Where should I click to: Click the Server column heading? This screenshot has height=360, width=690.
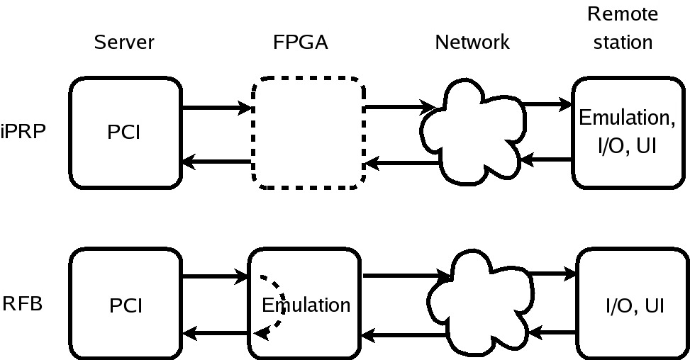pos(124,43)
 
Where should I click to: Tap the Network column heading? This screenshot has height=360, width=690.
pos(472,43)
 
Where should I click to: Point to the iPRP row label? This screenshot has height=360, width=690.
pos(23,132)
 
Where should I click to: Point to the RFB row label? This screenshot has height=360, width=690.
pos(23,304)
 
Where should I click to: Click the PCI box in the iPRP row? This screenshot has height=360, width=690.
pos(124,133)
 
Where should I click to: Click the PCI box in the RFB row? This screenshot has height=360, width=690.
pos(124,305)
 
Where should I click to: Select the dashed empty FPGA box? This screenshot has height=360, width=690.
pos(308,133)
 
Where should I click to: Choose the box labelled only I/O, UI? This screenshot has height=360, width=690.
pos(633,305)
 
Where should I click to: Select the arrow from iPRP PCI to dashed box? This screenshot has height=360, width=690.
pos(217,108)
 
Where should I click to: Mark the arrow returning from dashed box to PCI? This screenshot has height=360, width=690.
pos(217,162)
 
